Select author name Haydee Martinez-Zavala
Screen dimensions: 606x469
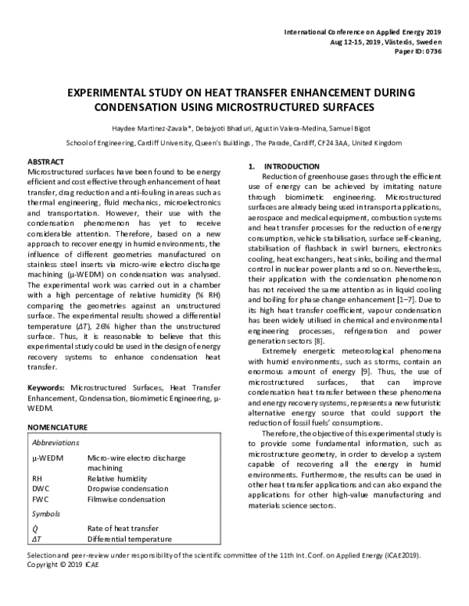149,128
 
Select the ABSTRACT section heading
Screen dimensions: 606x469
45,159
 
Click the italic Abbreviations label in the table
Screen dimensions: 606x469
57,442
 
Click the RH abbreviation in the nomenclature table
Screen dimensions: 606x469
37,476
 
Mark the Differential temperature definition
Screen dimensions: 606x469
129,540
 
